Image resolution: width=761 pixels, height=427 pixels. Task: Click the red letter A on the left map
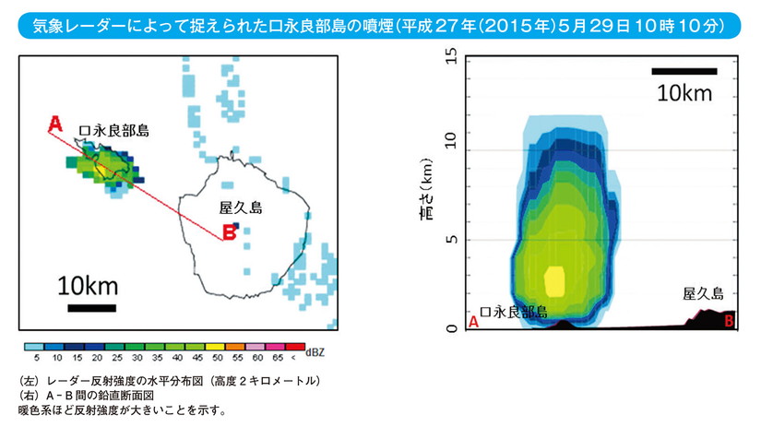click(54, 123)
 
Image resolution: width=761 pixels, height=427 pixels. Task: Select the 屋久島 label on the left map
click(236, 208)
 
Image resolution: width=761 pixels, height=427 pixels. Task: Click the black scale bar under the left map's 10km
click(91, 308)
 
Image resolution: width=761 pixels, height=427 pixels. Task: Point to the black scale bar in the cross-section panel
click(684, 71)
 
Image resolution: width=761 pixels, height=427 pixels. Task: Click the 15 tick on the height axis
click(451, 57)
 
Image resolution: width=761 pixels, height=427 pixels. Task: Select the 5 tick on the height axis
click(451, 239)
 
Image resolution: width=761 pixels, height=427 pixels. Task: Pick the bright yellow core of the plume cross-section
click(553, 279)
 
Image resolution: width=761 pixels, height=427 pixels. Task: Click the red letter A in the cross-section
click(474, 323)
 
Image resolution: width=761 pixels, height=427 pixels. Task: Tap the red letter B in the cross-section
click(730, 321)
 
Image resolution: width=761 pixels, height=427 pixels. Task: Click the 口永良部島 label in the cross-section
click(515, 312)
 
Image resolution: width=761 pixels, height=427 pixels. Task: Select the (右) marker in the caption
click(29, 395)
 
